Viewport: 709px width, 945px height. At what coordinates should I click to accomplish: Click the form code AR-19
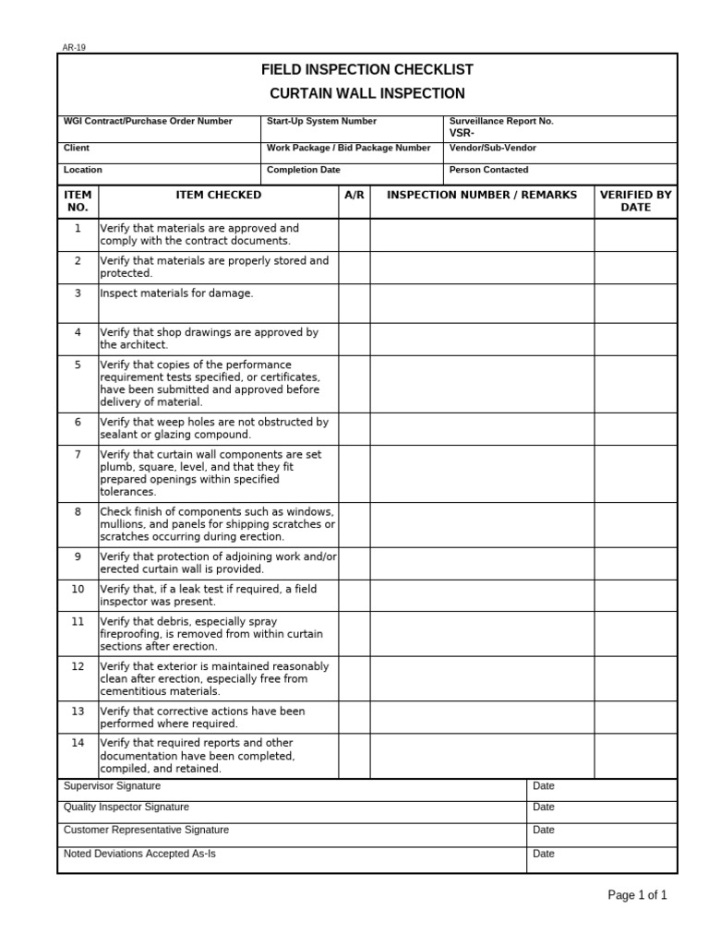pos(74,48)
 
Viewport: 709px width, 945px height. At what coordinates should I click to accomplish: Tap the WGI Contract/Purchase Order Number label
pos(148,122)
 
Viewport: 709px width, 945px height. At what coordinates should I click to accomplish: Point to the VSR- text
pos(462,133)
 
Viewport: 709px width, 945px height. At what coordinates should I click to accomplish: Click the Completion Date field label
pos(304,170)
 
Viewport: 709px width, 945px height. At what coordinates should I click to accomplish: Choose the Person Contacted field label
pos(488,170)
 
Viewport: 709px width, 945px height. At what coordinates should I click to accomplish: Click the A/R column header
pos(354,195)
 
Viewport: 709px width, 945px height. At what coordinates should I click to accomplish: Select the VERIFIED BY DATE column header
pos(635,201)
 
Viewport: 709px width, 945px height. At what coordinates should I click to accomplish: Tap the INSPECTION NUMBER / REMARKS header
pos(482,195)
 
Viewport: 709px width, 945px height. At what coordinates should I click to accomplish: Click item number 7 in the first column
pos(78,455)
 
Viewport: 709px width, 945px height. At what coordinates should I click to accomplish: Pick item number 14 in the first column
pos(78,743)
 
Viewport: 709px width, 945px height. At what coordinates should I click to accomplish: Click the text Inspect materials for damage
pos(176,293)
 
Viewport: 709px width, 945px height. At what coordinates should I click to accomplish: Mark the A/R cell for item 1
pos(354,234)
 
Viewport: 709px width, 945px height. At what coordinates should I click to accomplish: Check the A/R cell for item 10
pos(354,594)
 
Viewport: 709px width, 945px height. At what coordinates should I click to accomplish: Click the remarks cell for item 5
pos(482,384)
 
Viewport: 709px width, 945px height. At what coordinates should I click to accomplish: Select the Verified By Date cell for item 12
pos(635,678)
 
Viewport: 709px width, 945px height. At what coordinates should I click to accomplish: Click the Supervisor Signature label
pos(112,786)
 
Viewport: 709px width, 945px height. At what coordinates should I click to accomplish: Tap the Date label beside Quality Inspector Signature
pos(544,807)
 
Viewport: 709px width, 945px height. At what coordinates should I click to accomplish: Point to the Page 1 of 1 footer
pos(637,895)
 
